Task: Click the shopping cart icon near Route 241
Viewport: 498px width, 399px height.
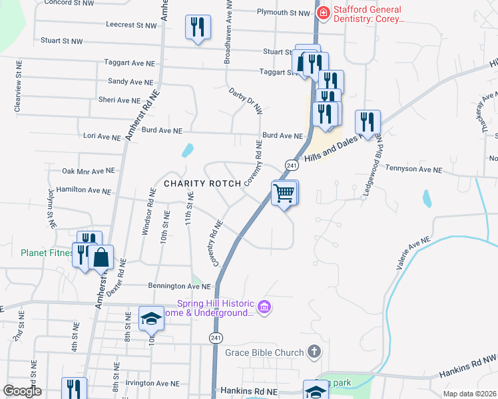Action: [284, 194]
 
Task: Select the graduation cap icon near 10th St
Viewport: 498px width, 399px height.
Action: [151, 319]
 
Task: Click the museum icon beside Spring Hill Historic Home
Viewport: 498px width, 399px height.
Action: [264, 307]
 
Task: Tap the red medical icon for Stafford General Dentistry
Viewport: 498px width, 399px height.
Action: [323, 12]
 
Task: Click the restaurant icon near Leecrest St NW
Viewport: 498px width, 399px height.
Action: [197, 27]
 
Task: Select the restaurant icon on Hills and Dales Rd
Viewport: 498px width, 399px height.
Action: [368, 122]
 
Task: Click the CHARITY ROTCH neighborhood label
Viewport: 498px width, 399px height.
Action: [193, 183]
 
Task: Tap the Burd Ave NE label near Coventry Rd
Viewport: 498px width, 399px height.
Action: [282, 136]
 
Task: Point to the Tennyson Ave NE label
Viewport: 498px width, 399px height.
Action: [413, 170]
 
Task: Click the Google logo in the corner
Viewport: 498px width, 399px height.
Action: [22, 391]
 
